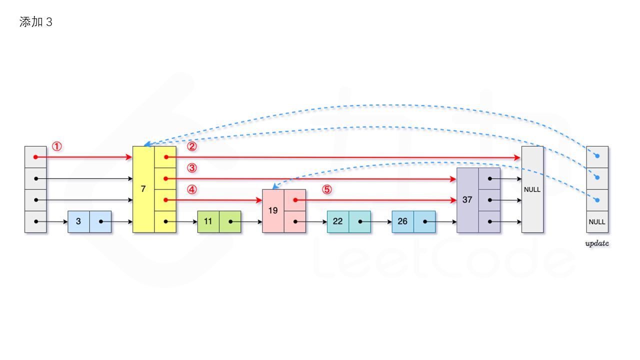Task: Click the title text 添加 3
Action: (35, 22)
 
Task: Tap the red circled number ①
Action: (57, 146)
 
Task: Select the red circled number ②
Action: (192, 146)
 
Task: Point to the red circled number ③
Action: (192, 167)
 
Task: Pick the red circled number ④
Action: (192, 189)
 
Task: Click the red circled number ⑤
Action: (326, 189)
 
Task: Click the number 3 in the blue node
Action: (78, 221)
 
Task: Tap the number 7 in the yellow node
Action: (143, 189)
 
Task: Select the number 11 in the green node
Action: (208, 221)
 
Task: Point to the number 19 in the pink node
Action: (273, 210)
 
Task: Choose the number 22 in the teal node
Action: (338, 221)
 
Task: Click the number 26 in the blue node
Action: (402, 221)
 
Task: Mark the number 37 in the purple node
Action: (467, 199)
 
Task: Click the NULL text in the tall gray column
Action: (532, 189)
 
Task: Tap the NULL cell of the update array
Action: (597, 221)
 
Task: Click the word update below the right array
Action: (597, 244)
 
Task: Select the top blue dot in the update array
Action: (597, 156)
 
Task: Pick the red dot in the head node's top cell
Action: (35, 157)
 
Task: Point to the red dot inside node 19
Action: (295, 200)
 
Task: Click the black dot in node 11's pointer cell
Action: (230, 221)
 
